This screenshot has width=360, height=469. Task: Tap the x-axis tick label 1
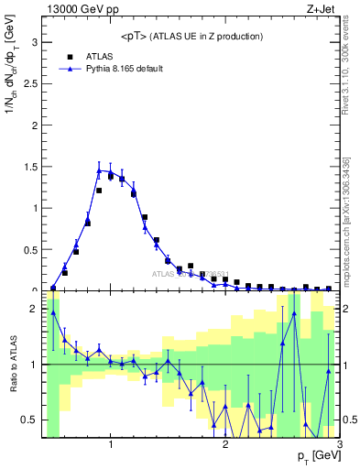coord(111,445)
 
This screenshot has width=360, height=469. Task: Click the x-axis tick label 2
coord(225,445)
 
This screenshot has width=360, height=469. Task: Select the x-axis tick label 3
coord(339,445)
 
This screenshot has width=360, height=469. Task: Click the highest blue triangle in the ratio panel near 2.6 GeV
coord(294,312)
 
